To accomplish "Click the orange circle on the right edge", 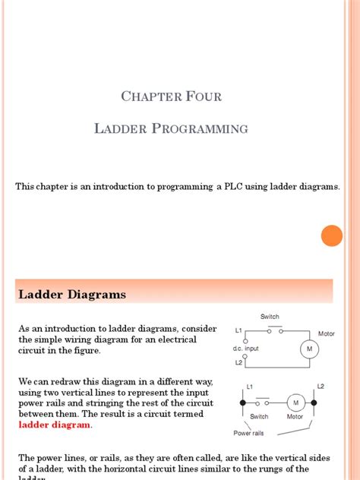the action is tap(331, 235).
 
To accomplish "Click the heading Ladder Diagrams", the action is tap(72, 294).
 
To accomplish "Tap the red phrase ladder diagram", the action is tap(55, 425).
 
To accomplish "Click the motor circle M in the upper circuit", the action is tap(308, 349).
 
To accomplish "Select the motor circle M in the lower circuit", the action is tap(295, 402).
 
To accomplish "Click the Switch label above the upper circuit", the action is tap(270, 317).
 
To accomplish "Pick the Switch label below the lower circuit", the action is tap(259, 417).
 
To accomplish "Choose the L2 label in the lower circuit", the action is tap(320, 387).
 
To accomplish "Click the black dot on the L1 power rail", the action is tap(242, 402).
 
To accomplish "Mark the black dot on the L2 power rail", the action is tap(319, 402).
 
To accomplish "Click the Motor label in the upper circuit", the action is tap(326, 333).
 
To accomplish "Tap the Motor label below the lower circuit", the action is tap(295, 417).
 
